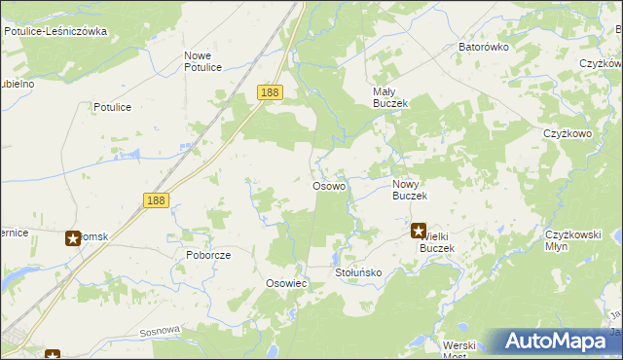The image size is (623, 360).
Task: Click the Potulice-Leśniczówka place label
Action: [55, 31]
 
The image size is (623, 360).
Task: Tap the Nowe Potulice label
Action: [203, 61]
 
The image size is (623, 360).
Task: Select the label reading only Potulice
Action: [112, 107]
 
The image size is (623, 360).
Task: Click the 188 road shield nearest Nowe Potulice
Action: [271, 92]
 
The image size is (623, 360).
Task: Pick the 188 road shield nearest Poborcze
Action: [156, 199]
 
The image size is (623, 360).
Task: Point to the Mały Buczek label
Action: [389, 97]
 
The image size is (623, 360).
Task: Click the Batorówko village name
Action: [484, 47]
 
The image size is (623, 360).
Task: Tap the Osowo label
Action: [328, 186]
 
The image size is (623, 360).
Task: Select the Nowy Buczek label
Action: [410, 190]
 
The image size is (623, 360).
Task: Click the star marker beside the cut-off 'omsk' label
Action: [73, 237]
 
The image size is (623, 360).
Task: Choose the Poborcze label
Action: [207, 255]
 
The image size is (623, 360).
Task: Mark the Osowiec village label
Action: [286, 283]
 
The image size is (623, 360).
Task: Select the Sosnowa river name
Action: [161, 331]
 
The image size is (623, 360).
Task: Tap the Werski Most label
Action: [458, 350]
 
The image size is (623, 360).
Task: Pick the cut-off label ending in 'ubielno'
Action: [18, 84]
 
